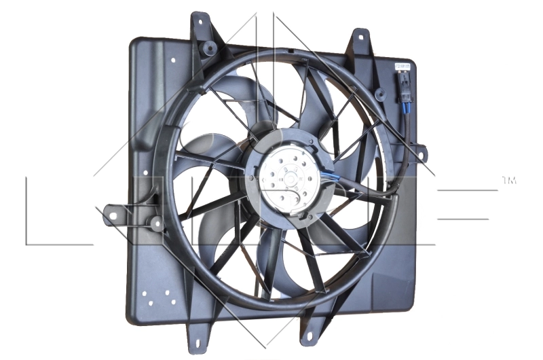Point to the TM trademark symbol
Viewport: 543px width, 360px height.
(x=509, y=180)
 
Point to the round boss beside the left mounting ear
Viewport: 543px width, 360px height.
(x=157, y=222)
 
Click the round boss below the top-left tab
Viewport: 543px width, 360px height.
(x=209, y=48)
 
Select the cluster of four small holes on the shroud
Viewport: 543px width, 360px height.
(x=155, y=298)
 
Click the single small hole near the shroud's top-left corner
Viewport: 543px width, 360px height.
(x=173, y=60)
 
